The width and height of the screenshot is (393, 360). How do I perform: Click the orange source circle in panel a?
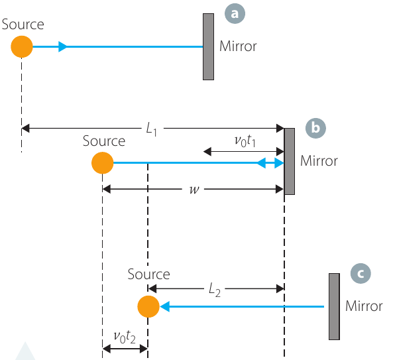click(x=22, y=46)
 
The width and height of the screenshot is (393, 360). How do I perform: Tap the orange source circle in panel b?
click(x=103, y=162)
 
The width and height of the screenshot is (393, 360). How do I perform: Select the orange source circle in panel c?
click(x=148, y=306)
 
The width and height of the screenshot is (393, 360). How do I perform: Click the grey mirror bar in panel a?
click(x=208, y=47)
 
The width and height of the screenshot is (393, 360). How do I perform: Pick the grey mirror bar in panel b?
click(x=289, y=161)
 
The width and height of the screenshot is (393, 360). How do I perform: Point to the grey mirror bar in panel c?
click(x=335, y=306)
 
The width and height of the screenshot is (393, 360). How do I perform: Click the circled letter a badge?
click(x=235, y=13)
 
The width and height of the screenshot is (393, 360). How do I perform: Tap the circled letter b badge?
click(x=315, y=128)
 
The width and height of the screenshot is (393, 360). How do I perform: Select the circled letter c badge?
click(x=361, y=273)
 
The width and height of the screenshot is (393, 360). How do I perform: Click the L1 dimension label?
click(x=152, y=129)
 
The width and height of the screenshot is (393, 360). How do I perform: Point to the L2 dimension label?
click(x=215, y=290)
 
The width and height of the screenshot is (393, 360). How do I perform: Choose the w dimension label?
click(x=194, y=189)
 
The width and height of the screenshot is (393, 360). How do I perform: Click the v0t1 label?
click(x=245, y=141)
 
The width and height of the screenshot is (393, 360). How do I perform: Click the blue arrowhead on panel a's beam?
click(x=63, y=46)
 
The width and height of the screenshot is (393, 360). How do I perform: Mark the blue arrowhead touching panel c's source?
click(x=164, y=306)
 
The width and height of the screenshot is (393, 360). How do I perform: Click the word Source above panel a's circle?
click(x=23, y=25)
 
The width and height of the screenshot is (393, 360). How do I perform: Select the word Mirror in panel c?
click(x=364, y=306)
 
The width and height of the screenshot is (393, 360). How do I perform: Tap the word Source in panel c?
click(x=149, y=274)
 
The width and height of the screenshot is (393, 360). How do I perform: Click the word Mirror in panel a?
click(x=238, y=46)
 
